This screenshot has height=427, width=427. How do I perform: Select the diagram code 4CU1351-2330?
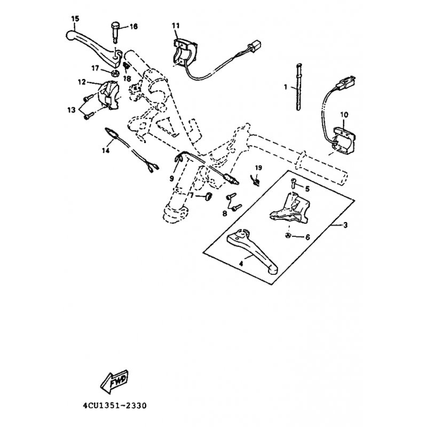115,406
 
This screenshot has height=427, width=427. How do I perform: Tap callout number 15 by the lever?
75,19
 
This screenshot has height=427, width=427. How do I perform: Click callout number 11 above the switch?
176,26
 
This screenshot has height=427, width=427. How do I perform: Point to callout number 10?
344,115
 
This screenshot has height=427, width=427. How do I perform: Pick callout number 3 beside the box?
345,225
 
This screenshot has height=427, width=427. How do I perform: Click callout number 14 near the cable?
106,150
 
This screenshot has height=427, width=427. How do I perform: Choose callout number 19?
258,168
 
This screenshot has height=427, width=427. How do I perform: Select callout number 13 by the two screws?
72,110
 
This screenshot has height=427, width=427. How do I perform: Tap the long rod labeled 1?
298,86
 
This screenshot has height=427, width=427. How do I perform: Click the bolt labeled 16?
116,32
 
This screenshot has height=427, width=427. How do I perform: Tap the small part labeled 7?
208,196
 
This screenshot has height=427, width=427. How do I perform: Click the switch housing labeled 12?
108,96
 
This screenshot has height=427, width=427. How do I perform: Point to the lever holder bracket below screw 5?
290,208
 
